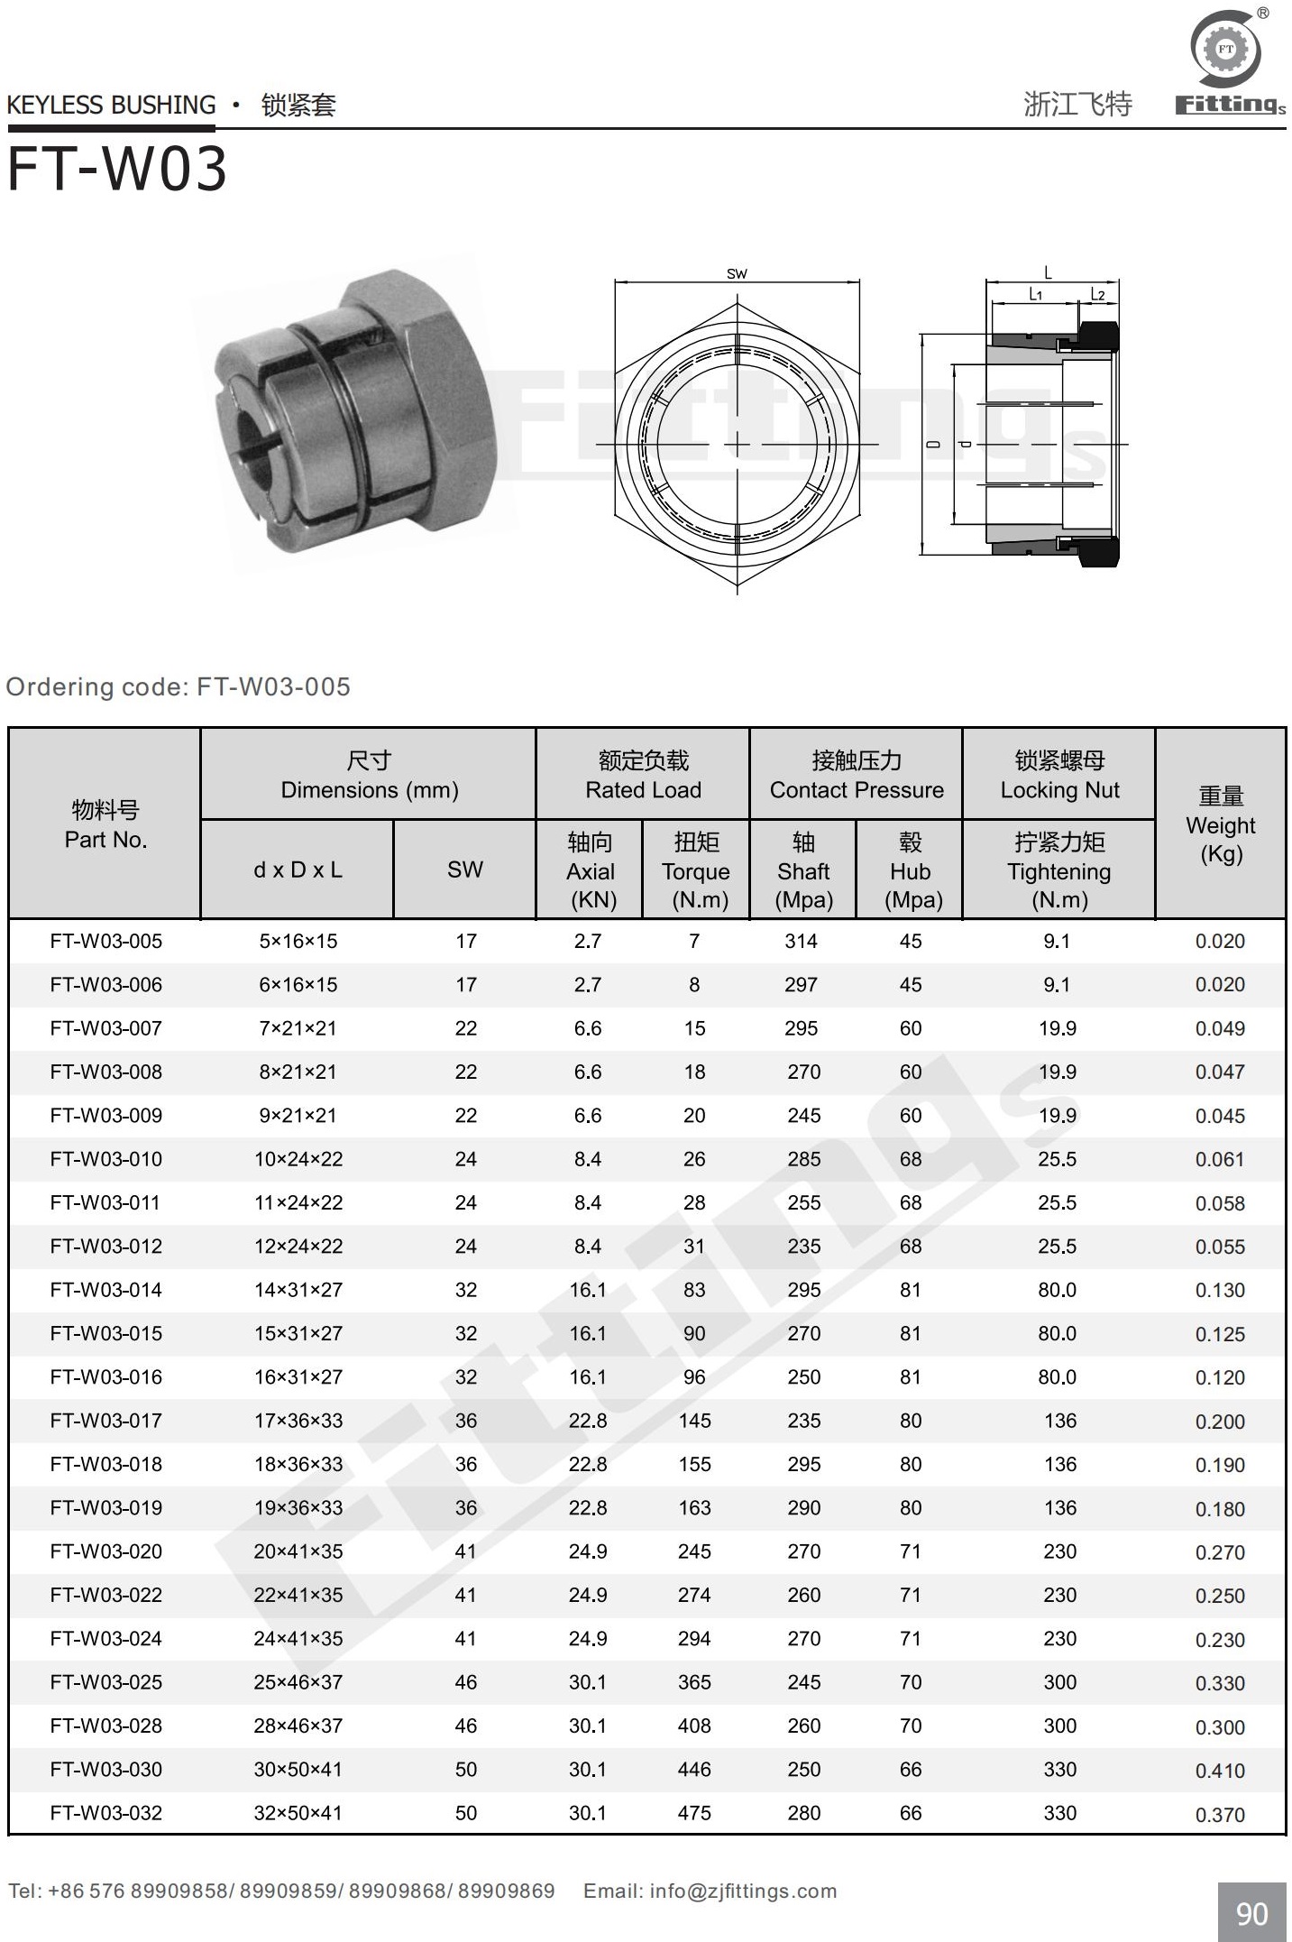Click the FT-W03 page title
click(x=117, y=169)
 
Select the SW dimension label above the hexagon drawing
click(x=737, y=273)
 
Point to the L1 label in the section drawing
click(x=1036, y=294)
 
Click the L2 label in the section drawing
click(x=1097, y=294)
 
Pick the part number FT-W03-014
click(x=105, y=1290)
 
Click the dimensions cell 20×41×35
click(x=298, y=1551)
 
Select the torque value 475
click(x=694, y=1813)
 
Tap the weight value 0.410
click(x=1220, y=1770)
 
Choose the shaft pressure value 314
click(x=801, y=941)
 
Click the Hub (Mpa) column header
click(x=910, y=870)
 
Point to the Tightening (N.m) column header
click(x=1058, y=870)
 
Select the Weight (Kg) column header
click(x=1221, y=824)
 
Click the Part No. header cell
click(x=105, y=824)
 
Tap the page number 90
click(x=1251, y=1913)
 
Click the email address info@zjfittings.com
click(x=743, y=1891)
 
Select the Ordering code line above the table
click(x=179, y=687)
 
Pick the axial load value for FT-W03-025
click(x=588, y=1682)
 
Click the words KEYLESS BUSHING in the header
click(x=112, y=106)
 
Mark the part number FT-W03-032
click(x=105, y=1813)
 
